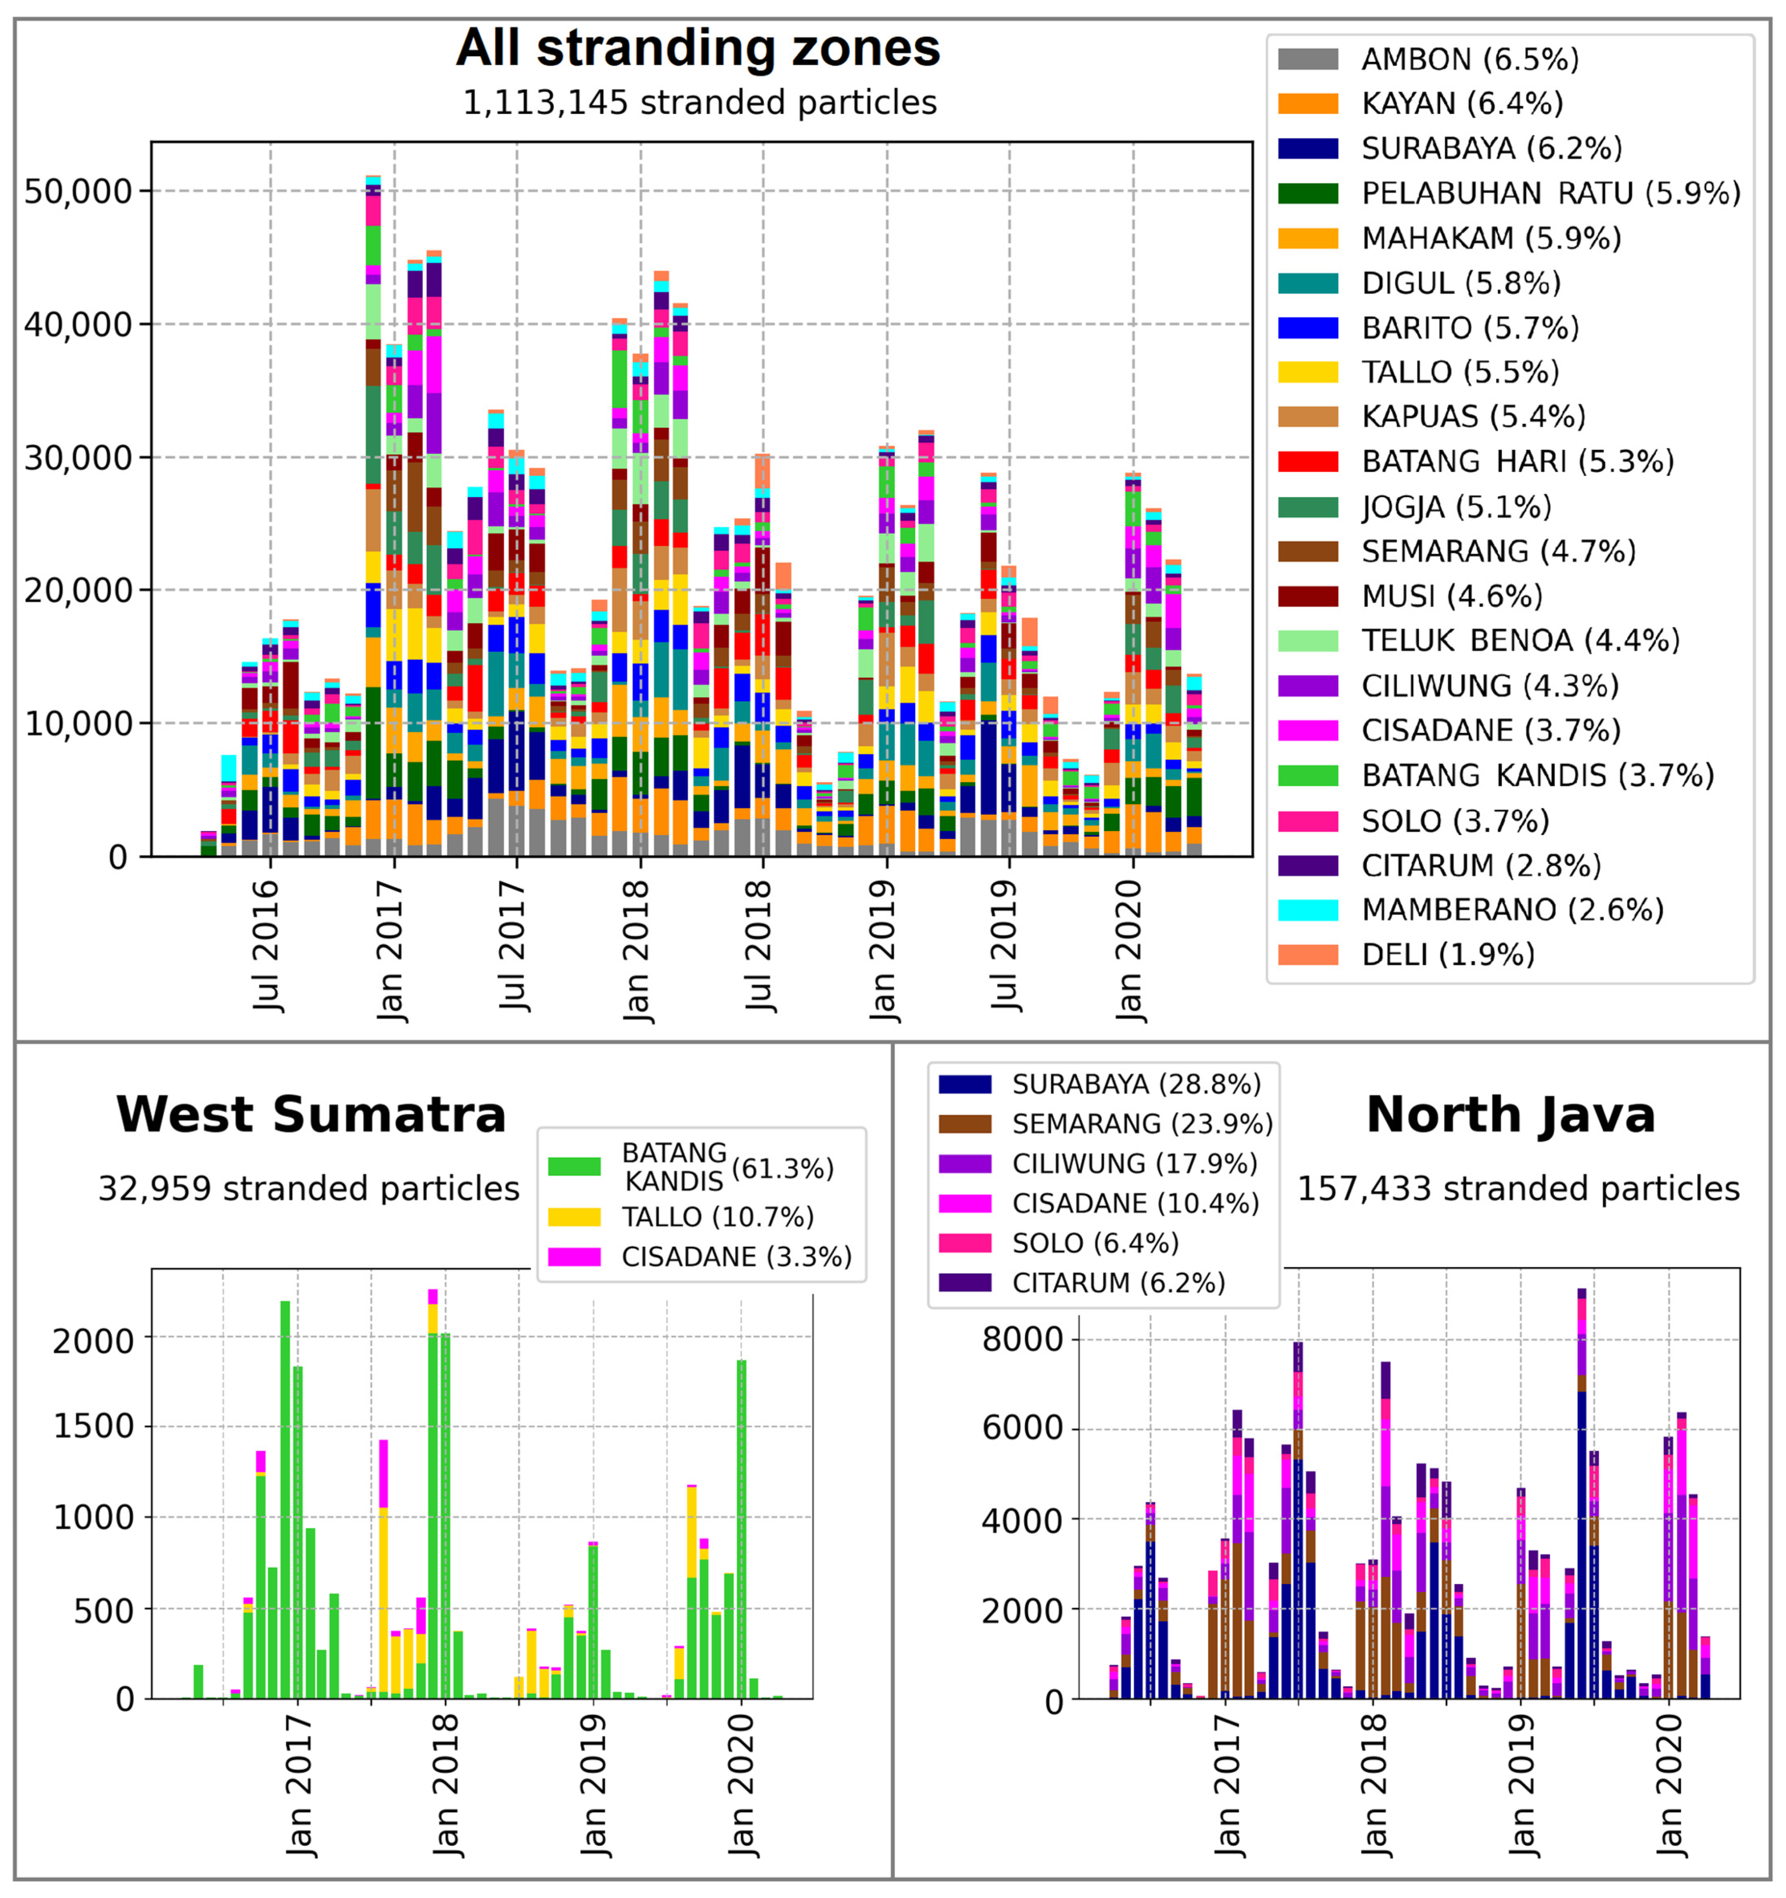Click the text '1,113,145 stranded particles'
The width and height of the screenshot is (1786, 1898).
(699, 102)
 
